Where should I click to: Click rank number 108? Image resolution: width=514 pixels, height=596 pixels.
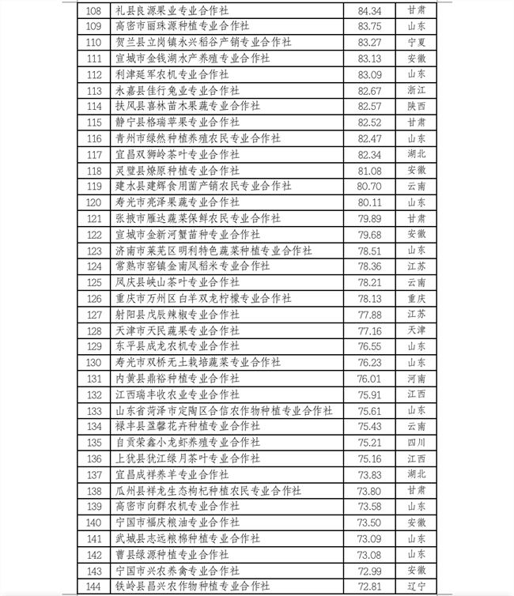coord(94,10)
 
